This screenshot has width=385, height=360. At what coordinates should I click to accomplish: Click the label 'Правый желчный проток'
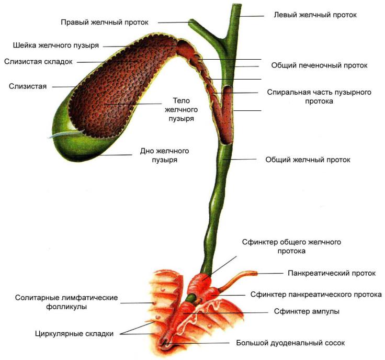pos(105,22)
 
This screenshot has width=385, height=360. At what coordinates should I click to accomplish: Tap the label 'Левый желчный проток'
pos(315,15)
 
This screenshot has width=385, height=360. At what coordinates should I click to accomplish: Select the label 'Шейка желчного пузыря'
pos(56,46)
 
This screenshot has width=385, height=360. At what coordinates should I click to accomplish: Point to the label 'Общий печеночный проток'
pos(319,66)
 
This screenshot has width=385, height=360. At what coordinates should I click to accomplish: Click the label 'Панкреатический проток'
pos(332,273)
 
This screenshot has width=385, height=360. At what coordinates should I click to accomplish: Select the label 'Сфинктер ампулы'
pos(307,311)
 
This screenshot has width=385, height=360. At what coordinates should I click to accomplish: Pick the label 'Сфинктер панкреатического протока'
pos(316,295)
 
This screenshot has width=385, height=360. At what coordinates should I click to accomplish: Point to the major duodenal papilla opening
pos(166,343)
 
